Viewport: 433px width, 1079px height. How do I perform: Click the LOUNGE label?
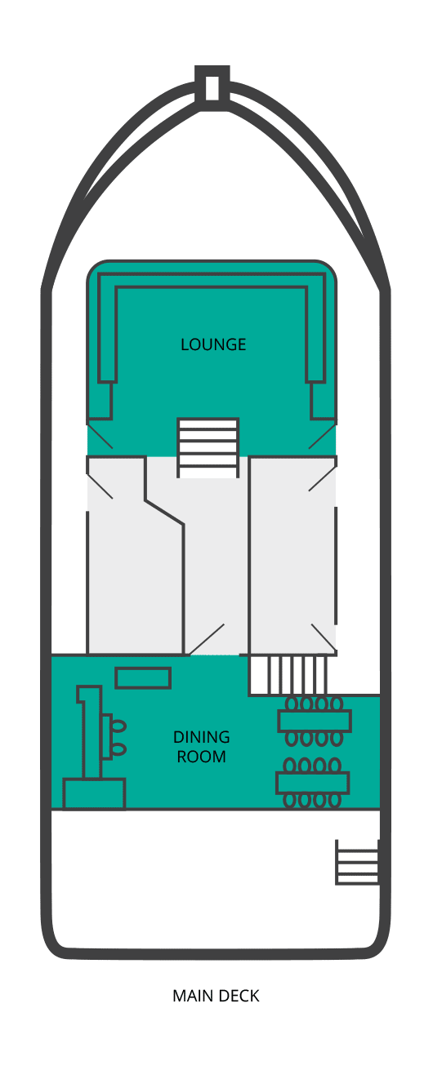tap(213, 344)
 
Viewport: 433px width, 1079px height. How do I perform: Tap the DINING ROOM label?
tap(201, 747)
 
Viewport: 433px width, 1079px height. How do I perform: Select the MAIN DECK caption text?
tap(216, 996)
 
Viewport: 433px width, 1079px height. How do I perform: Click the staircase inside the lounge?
tap(208, 446)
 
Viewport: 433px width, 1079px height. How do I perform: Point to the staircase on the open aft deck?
tap(358, 862)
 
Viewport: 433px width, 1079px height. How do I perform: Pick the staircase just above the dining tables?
tap(288, 674)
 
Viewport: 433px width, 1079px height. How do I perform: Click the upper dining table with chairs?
tap(314, 721)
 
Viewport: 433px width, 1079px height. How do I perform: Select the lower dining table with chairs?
tap(312, 783)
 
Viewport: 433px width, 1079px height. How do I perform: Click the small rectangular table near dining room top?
tap(143, 677)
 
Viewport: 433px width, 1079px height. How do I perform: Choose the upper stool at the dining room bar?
tap(119, 726)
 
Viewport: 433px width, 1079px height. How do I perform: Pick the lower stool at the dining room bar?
tap(119, 748)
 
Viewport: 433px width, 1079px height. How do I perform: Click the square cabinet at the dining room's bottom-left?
tap(94, 793)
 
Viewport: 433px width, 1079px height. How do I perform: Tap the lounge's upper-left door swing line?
tap(100, 435)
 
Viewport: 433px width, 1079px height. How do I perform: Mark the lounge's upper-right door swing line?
tap(322, 435)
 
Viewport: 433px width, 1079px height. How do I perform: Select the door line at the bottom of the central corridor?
tap(208, 639)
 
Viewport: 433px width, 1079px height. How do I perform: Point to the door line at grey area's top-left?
tap(100, 486)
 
